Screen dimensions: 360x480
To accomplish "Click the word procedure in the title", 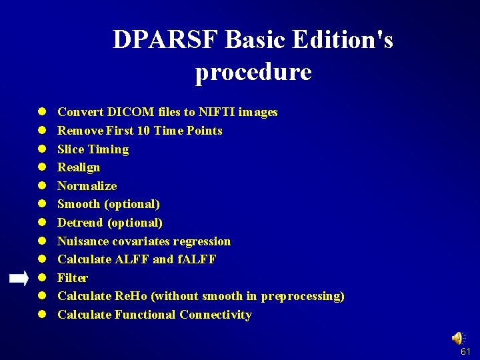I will tap(253, 72).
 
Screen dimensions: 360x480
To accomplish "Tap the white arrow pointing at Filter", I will tap(19, 278).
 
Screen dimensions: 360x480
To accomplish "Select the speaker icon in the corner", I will tap(459, 339).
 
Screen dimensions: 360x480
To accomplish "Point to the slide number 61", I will tap(465, 351).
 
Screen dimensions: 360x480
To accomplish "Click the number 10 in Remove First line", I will tap(143, 131).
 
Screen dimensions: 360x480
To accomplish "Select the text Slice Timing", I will tap(93, 149).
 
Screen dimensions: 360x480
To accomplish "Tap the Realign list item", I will tap(79, 167).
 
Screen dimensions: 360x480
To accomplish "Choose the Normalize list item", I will tap(87, 186).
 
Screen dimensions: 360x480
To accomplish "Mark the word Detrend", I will tap(81, 223).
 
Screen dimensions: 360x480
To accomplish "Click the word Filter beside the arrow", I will tap(73, 278).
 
